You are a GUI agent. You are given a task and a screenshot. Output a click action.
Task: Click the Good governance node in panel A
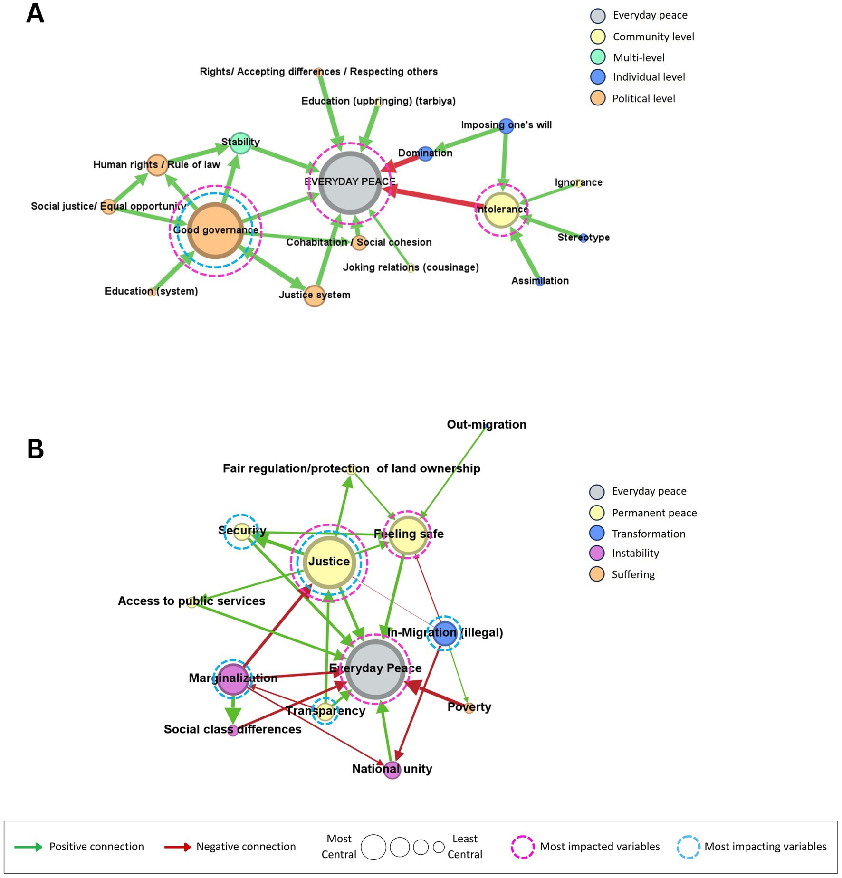pyautogui.click(x=216, y=230)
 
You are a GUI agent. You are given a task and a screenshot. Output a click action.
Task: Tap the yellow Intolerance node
pyautogui.click(x=502, y=210)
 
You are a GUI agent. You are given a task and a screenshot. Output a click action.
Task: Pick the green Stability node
pyautogui.click(x=240, y=143)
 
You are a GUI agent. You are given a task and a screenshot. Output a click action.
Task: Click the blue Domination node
pyautogui.click(x=425, y=153)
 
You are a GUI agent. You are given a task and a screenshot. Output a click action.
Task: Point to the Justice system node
pyautogui.click(x=314, y=296)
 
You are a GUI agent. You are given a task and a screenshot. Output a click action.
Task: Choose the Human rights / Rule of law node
pyautogui.click(x=157, y=165)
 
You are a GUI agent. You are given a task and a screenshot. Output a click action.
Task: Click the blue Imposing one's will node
pyautogui.click(x=507, y=125)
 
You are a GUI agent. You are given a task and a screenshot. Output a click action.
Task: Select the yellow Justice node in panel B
pyautogui.click(x=329, y=562)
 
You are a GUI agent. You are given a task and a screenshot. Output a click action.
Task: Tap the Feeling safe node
pyautogui.click(x=408, y=535)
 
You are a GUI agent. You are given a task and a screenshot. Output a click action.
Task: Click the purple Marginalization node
pyautogui.click(x=233, y=678)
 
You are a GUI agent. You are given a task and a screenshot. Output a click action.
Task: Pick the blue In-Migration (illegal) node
pyautogui.click(x=444, y=633)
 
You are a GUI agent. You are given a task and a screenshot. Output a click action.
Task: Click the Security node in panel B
pyautogui.click(x=242, y=531)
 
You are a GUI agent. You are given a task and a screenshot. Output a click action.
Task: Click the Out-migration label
pyautogui.click(x=486, y=425)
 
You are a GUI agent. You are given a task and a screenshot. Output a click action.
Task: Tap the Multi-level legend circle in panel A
pyautogui.click(x=597, y=57)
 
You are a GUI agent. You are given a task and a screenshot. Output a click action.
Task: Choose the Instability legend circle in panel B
pyautogui.click(x=596, y=553)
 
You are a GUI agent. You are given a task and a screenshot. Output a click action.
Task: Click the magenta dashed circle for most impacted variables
pyautogui.click(x=522, y=847)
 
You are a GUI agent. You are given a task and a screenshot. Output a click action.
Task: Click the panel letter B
pyautogui.click(x=36, y=449)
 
